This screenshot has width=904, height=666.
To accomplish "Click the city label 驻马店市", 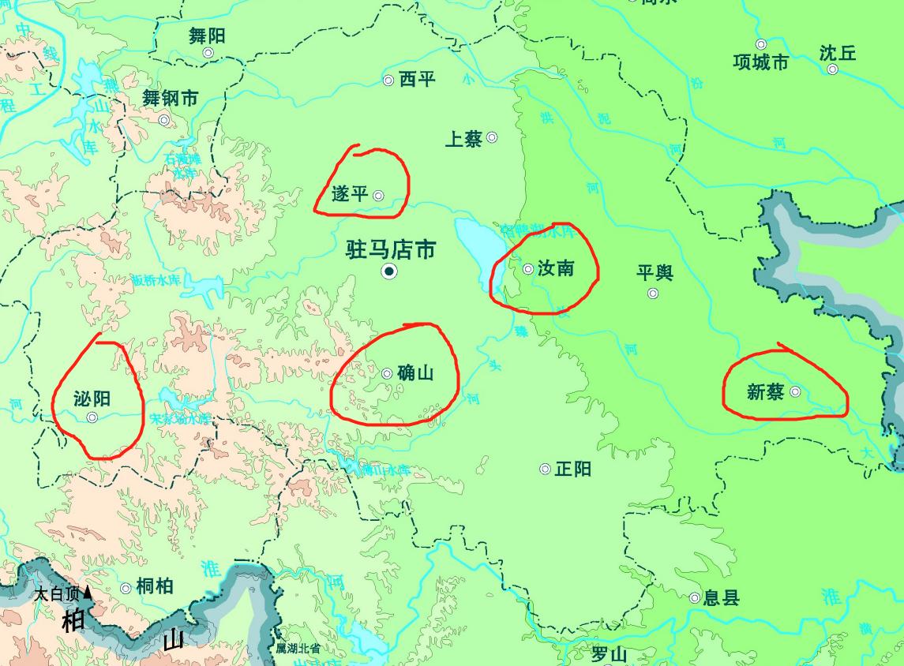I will click(x=391, y=250).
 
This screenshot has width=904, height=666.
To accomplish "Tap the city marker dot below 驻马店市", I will click(x=388, y=272).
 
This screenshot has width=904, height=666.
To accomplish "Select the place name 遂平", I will click(x=350, y=193).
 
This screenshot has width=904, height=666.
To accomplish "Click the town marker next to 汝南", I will click(x=528, y=269).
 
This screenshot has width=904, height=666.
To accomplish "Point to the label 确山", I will click(x=416, y=372).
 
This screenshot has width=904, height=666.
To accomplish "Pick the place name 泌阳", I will click(x=91, y=399).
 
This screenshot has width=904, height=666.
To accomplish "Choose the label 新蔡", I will click(x=765, y=391).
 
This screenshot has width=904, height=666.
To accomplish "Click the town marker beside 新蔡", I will click(x=795, y=391).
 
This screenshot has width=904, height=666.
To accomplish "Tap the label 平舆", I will click(x=655, y=273).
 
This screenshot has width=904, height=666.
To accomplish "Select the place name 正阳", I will click(x=572, y=469).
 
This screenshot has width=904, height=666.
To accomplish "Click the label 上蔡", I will click(x=463, y=140).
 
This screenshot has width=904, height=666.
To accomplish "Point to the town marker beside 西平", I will click(x=388, y=80).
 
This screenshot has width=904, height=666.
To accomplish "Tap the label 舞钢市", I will click(x=170, y=99).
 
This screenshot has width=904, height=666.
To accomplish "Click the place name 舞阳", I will click(x=207, y=35).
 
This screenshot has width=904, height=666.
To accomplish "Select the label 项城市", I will click(x=760, y=62).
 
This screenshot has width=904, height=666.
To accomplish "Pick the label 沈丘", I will click(x=837, y=53).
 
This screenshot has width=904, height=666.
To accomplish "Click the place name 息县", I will click(x=722, y=597).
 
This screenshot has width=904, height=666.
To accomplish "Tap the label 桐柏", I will click(x=154, y=586).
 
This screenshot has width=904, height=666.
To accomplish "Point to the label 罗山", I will click(x=609, y=654).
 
